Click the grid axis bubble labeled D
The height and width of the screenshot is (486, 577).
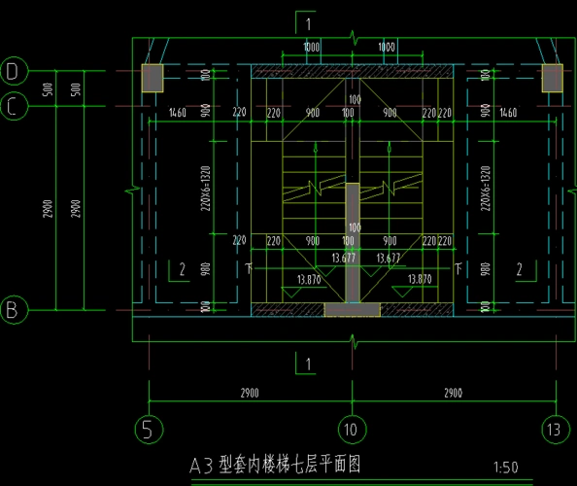[13, 71]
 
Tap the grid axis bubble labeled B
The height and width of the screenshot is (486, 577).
[13, 310]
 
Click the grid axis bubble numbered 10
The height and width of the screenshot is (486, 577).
[351, 428]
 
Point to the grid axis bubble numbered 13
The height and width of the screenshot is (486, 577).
[554, 428]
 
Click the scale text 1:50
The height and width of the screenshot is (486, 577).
[505, 467]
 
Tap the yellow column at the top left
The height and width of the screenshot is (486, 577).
[153, 78]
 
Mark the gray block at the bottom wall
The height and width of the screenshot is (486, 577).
[352, 309]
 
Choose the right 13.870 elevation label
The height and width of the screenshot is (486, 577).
[420, 279]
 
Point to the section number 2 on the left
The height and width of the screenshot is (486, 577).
[181, 269]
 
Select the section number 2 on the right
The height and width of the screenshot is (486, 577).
[520, 269]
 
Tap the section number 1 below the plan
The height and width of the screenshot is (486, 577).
[308, 364]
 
